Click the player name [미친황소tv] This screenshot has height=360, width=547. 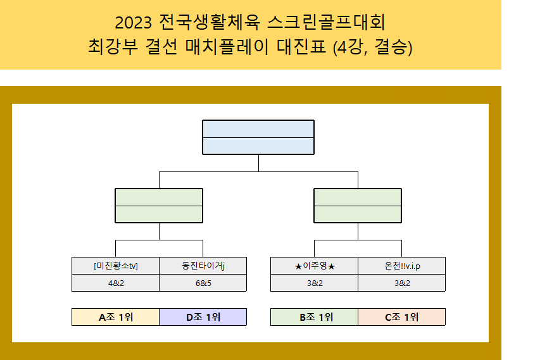[116, 266]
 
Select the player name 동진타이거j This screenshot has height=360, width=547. [203, 266]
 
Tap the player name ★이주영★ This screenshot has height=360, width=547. [315, 266]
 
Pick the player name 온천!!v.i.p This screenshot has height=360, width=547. [402, 266]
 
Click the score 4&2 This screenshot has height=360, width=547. [116, 283]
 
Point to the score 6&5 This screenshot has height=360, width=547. [203, 283]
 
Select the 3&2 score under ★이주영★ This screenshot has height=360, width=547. [315, 283]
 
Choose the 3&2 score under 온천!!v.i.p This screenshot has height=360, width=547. [402, 283]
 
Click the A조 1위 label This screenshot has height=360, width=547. [116, 317]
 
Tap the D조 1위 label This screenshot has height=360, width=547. [203, 317]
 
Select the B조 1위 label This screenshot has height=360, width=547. [316, 317]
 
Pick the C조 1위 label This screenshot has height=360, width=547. [401, 317]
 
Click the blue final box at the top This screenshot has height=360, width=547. [258, 137]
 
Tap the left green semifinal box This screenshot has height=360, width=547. [159, 206]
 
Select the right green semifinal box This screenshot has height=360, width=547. [358, 206]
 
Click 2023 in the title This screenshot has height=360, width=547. [133, 23]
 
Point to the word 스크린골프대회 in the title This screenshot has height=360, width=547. [326, 22]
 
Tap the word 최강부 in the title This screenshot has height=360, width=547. [113, 47]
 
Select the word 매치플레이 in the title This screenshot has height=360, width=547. [227, 47]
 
